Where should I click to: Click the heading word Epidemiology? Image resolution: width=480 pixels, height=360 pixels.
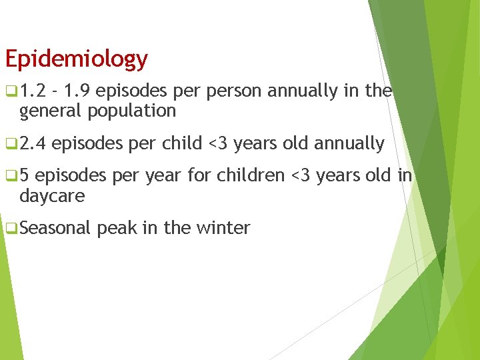76,59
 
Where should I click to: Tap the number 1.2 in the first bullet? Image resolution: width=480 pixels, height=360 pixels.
31,91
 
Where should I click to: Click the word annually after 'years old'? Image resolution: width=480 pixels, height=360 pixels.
350,143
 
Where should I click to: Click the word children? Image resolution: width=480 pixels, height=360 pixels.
253,176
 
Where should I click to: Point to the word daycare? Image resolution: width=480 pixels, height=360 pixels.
52,196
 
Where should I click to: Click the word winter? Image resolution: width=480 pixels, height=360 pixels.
223,229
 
